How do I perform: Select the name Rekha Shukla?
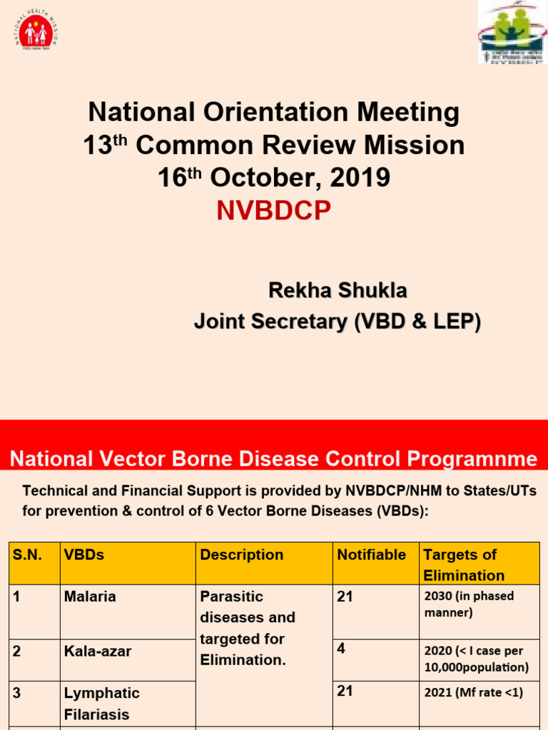click(338, 291)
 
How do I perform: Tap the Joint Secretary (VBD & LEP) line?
click(338, 322)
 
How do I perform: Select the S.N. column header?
click(27, 555)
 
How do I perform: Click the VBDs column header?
click(84, 555)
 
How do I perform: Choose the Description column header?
click(242, 555)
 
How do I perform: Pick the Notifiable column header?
click(371, 555)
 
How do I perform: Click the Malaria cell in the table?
click(90, 597)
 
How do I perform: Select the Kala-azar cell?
click(98, 651)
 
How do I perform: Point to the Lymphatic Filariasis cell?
click(102, 703)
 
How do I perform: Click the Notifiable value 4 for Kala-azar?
click(341, 649)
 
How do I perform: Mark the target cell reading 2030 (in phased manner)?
click(469, 604)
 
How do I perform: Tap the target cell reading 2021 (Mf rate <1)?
click(473, 692)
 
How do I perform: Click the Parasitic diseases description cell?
click(243, 628)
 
